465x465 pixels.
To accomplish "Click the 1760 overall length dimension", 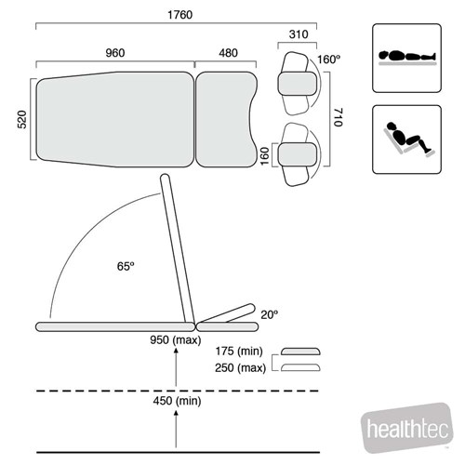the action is click(x=179, y=15).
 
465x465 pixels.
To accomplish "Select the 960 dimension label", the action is click(x=115, y=53).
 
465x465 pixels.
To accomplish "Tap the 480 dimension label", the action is click(x=229, y=53).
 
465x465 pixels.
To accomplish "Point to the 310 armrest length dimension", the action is click(x=299, y=34).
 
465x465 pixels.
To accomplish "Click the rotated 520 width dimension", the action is click(x=22, y=119).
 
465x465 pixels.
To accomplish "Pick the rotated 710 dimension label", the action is click(x=338, y=117).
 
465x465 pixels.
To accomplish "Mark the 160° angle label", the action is click(x=329, y=59).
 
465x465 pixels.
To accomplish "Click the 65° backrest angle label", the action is click(x=126, y=266).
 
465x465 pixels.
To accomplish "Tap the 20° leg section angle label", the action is click(x=270, y=314).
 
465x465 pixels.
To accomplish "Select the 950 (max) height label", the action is click(x=176, y=340).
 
